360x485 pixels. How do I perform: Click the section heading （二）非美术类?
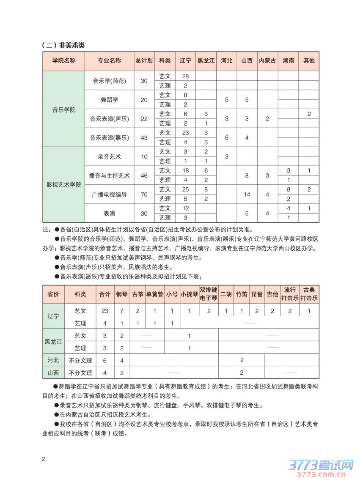pyautogui.click(x=63, y=45)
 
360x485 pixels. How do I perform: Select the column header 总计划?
pyautogui.click(x=144, y=60)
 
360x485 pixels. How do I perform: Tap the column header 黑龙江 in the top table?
pyautogui.click(x=206, y=60)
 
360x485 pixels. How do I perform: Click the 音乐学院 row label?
pyautogui.click(x=64, y=110)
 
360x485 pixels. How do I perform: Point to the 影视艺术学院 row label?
pyautogui.click(x=64, y=185)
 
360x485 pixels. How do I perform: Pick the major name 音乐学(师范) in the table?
pyautogui.click(x=110, y=80)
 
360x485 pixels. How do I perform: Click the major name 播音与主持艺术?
pyautogui.click(x=110, y=175)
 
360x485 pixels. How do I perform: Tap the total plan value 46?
pyautogui.click(x=144, y=175)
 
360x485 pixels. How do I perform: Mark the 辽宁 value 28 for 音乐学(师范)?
pyautogui.click(x=185, y=76)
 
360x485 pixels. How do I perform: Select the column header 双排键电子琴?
pyautogui.click(x=209, y=294)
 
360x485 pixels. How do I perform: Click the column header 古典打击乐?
pyautogui.click(x=309, y=294)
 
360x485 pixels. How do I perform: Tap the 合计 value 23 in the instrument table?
pyautogui.click(x=105, y=311)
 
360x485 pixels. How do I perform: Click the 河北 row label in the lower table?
pyautogui.click(x=53, y=360)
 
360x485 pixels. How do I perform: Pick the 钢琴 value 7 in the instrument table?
pyautogui.click(x=122, y=311)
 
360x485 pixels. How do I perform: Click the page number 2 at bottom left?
pyautogui.click(x=43, y=459)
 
